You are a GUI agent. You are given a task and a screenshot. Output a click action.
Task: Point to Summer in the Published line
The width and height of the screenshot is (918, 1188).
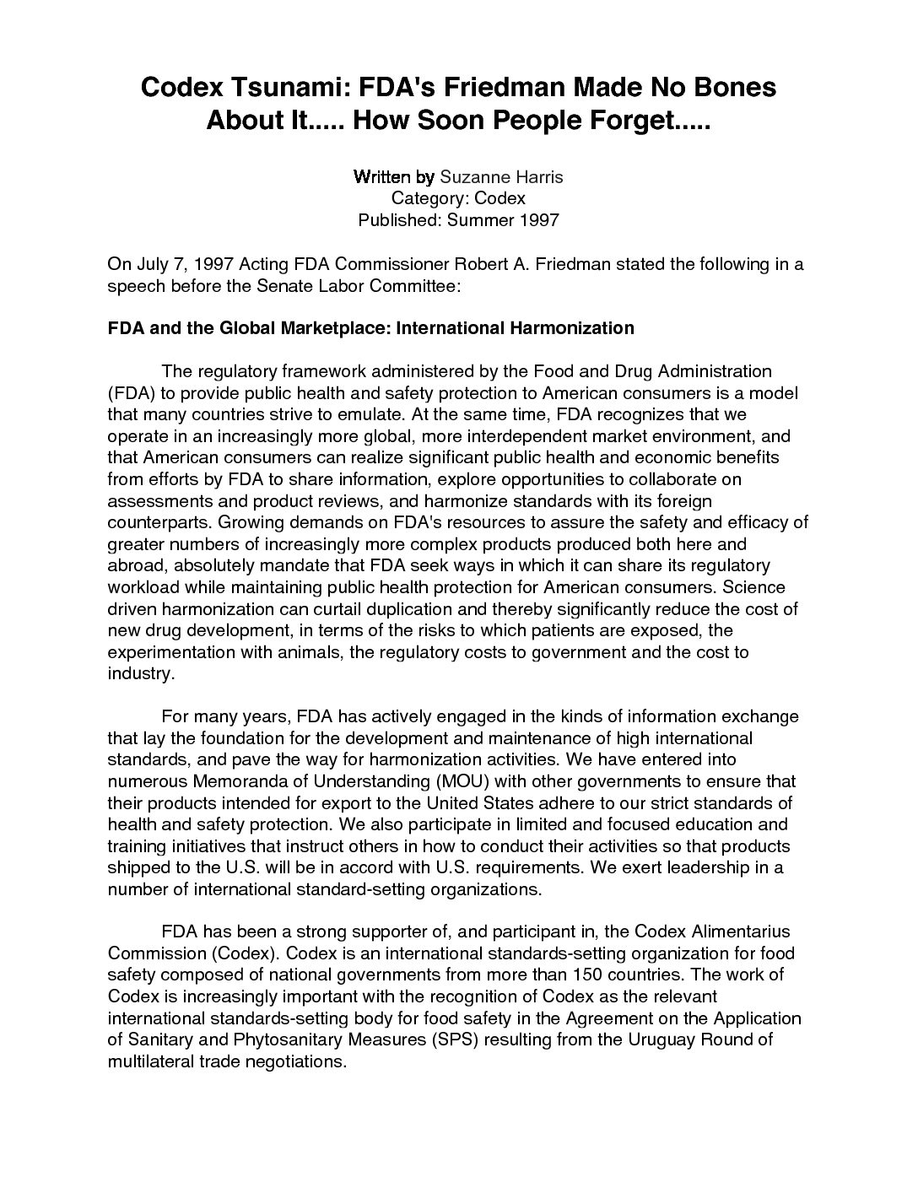tap(478, 220)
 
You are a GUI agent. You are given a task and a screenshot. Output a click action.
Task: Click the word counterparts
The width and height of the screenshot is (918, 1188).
tap(154, 522)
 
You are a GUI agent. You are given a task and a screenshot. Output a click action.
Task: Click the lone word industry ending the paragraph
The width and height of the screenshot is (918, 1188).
tap(140, 674)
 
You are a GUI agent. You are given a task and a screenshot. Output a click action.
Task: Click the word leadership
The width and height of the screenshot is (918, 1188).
tap(705, 867)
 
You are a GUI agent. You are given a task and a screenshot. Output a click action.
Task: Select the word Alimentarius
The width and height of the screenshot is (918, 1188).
tap(729, 931)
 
